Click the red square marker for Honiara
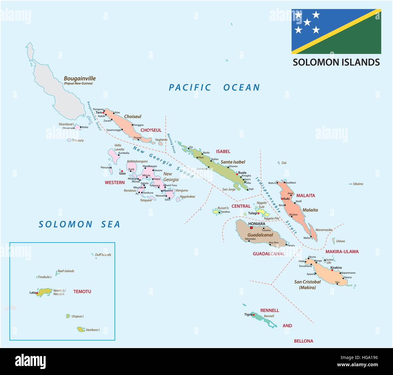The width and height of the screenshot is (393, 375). tap(251, 228)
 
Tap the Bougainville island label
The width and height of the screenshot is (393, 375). tap(80, 78)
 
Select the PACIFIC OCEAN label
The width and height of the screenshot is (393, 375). tap(214, 87)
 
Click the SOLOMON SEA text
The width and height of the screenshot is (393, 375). tap(79, 224)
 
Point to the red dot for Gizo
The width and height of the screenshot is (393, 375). tap(122, 171)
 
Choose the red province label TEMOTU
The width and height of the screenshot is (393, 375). tap(82, 291)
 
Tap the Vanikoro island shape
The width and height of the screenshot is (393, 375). tap(81, 329)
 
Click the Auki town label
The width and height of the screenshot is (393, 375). tap(286, 199)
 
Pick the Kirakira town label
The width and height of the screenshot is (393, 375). tap(336, 268)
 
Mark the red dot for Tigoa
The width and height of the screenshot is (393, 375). tap(254, 315)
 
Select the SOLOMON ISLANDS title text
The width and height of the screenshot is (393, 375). tap(336, 62)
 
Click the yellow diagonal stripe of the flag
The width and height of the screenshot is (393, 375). tap(336, 31)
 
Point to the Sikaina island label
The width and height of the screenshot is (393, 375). tap(358, 184)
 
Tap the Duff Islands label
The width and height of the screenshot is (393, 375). tap(103, 255)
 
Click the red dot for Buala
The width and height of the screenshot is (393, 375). tap(237, 174)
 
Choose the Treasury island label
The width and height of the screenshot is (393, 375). tap(78, 140)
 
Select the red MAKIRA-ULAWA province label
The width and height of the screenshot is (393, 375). tap(342, 252)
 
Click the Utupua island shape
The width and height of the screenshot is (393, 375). tap(68, 316)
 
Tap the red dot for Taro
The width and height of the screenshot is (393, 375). tap(104, 112)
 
